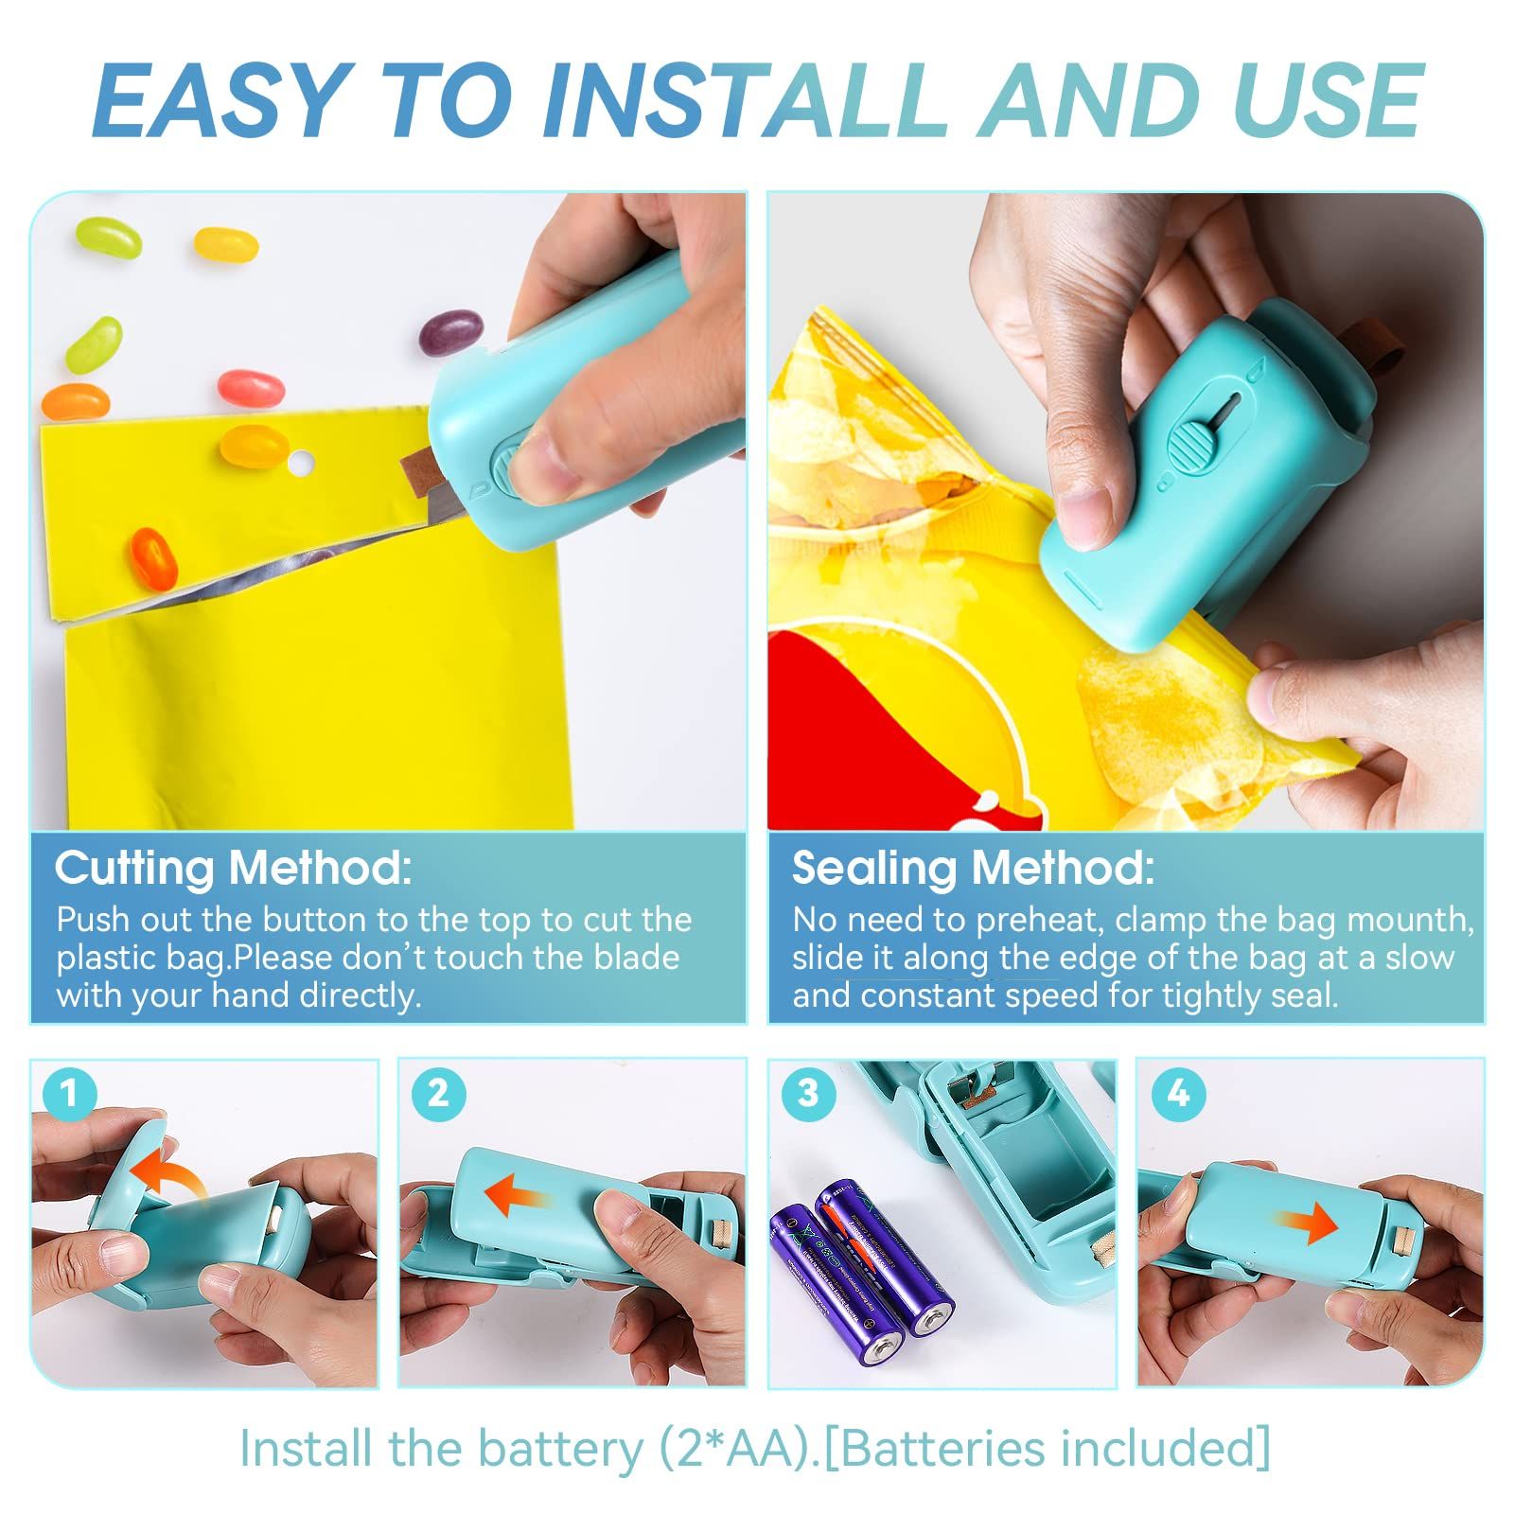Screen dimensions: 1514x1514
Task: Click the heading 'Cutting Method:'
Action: point(234,868)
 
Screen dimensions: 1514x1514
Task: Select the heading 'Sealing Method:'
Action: point(973,868)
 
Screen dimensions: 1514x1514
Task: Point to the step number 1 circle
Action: point(68,1094)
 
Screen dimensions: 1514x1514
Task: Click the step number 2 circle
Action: point(437,1094)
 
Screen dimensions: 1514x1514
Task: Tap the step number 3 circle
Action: point(807,1094)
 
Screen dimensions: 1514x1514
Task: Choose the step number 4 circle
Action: point(1177,1094)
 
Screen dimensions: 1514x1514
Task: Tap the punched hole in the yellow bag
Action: point(301,463)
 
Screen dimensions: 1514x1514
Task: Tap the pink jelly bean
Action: point(251,387)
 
